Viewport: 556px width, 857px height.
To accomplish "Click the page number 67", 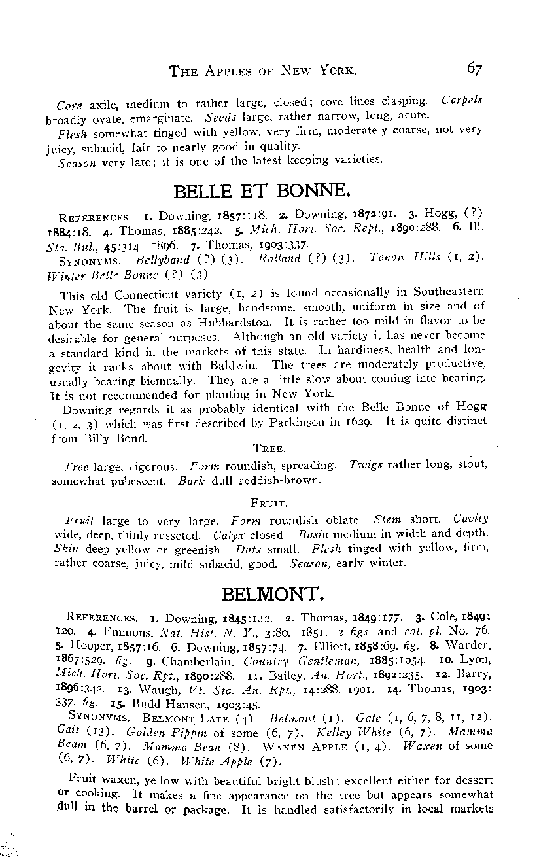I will [x=474, y=68].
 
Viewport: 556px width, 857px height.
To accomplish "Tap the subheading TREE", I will [x=268, y=449].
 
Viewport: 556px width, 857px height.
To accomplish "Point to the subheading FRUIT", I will [x=268, y=503].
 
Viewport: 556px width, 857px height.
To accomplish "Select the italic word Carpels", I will [x=462, y=101].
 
